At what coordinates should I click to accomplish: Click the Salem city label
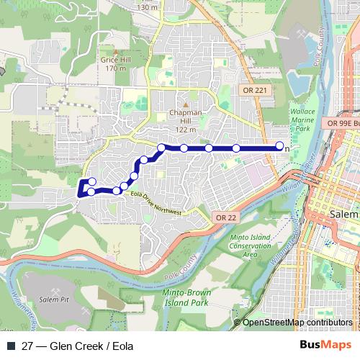342,215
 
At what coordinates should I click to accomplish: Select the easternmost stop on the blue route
280,148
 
